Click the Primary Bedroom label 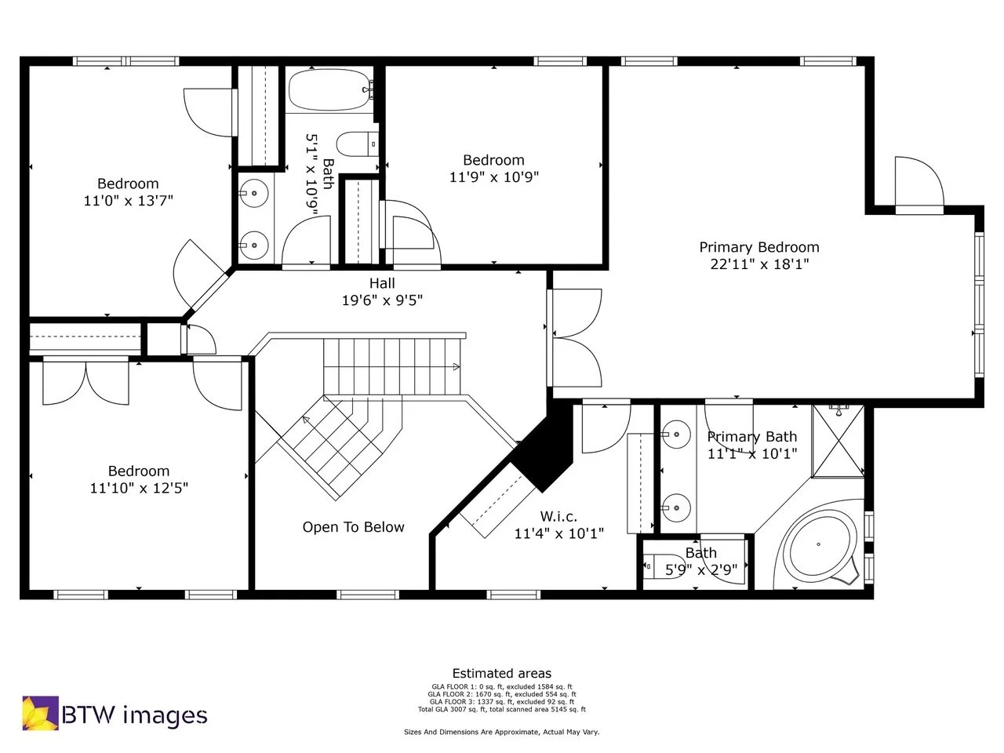(758, 247)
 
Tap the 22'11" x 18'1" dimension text (758, 264)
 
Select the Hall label (382, 283)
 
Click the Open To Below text (353, 527)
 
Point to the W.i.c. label (558, 517)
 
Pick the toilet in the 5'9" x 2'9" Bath (653, 565)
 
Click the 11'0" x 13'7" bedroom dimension (128, 201)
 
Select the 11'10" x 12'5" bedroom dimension (139, 488)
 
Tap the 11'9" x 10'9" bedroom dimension (493, 177)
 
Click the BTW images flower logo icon (39, 713)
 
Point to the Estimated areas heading (501, 673)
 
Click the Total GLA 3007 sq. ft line (501, 709)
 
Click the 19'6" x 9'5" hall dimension (382, 300)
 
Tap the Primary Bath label (751, 437)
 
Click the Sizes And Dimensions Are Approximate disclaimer (501, 732)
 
